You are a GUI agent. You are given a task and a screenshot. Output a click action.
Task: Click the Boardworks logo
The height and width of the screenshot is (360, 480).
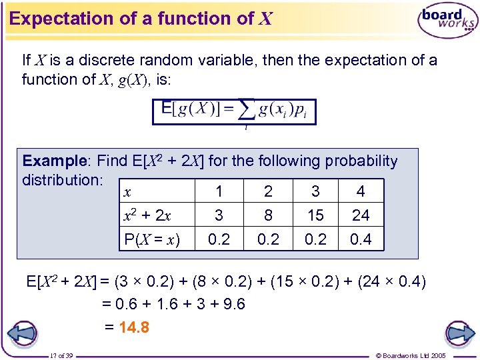(447, 21)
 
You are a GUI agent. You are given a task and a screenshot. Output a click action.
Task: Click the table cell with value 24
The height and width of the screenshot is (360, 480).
(361, 215)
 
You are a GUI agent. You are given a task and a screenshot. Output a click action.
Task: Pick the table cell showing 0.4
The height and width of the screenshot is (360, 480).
(361, 239)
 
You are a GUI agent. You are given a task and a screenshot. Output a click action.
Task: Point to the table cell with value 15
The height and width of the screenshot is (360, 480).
(315, 215)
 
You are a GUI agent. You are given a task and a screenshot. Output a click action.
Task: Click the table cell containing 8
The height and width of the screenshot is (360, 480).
(268, 215)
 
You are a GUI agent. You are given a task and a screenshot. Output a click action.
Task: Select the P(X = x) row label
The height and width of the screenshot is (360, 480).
(152, 239)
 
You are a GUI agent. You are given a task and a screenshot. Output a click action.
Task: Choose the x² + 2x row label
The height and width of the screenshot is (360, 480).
(148, 215)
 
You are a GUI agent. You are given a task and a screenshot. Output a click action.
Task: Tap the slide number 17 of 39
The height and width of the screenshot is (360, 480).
(62, 355)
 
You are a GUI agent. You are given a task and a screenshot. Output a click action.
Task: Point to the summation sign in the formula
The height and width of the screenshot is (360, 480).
(246, 111)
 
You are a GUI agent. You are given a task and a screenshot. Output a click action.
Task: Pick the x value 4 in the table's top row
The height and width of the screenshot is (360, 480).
(361, 192)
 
